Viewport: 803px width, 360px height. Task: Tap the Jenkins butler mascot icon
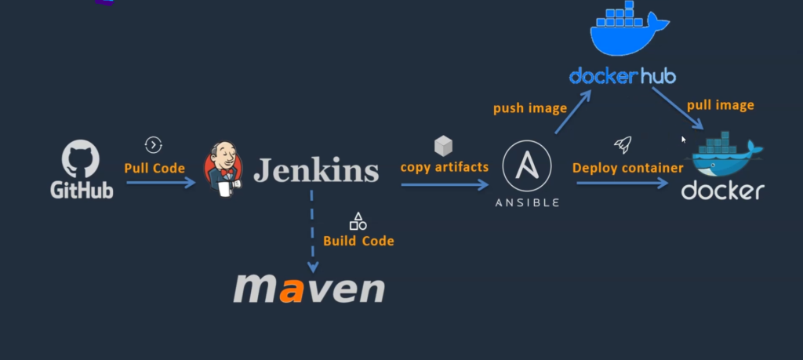[223, 166]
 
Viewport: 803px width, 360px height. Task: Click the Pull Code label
[154, 168]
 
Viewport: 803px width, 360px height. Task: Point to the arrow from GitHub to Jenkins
[161, 183]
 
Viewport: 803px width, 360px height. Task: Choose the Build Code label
[358, 241]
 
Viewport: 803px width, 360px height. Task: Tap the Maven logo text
[309, 288]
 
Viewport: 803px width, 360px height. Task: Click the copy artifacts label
[444, 167]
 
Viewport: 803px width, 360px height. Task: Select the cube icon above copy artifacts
[444, 145]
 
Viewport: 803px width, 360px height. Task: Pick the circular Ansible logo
[527, 165]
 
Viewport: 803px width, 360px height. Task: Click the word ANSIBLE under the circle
[527, 202]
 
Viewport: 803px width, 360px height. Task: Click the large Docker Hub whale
[629, 31]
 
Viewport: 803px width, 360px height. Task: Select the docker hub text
[623, 75]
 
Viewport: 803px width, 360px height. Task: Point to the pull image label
[720, 105]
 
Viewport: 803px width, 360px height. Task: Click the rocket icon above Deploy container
[622, 144]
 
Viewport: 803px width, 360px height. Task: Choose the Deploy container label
[627, 167]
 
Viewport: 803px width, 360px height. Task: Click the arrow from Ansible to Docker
[623, 184]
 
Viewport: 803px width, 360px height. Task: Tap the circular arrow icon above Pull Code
[154, 144]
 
